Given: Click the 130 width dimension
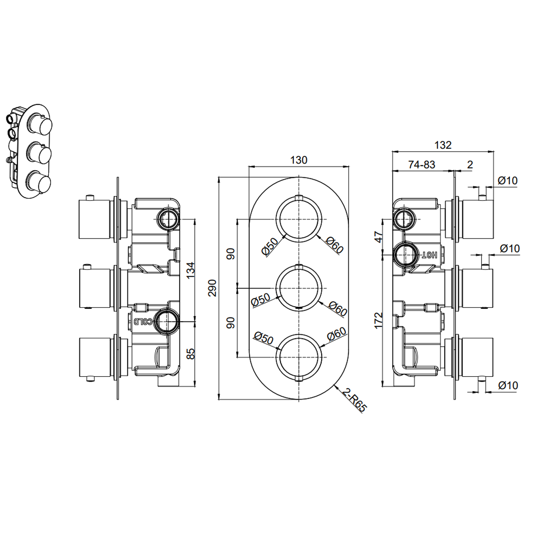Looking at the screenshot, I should tap(299, 160).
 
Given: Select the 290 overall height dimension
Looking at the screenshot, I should tap(212, 288).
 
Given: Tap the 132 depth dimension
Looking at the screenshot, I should tap(443, 145).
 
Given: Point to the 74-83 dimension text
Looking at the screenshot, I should tap(421, 165).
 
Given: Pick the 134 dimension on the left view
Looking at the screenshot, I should tap(190, 270).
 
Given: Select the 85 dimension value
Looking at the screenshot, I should tap(190, 353).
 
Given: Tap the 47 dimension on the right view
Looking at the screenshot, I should tap(378, 237).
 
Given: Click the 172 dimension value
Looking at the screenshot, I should tap(378, 320).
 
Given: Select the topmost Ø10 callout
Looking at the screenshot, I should tap(507, 181).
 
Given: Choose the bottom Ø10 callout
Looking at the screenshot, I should tap(507, 385).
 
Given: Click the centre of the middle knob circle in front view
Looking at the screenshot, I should tap(299, 288).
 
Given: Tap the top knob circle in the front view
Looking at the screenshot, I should tap(299, 219).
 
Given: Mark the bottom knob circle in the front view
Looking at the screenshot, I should tap(299, 357).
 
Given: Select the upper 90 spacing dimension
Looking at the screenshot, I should tap(231, 254).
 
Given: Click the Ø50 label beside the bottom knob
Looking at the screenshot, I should tap(263, 338).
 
